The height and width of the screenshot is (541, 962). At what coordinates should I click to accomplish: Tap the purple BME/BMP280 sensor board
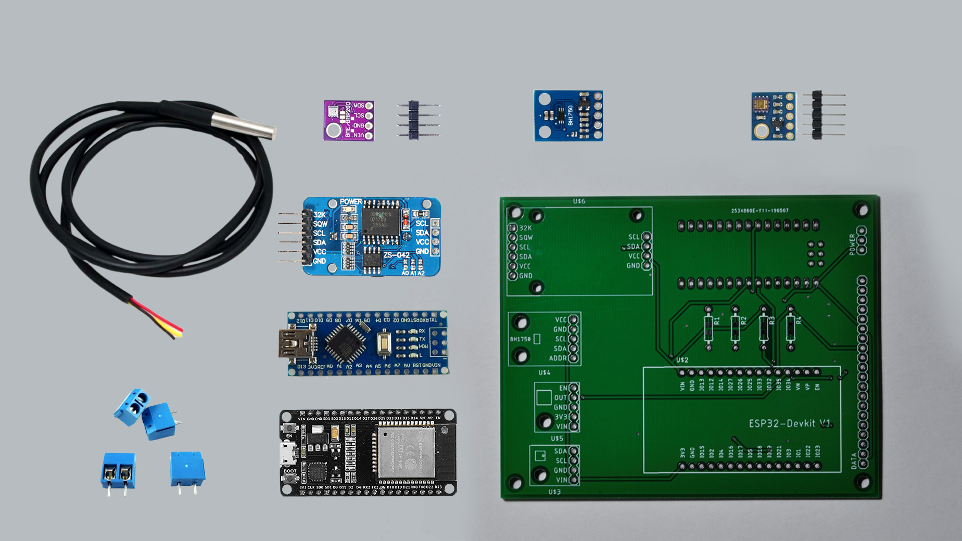coord(348,121)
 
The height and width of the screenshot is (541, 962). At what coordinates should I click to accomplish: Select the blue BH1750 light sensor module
coord(568,115)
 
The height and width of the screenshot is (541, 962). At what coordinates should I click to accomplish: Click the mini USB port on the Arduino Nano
coord(297,343)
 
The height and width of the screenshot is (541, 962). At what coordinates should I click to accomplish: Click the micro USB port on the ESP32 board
coord(286,453)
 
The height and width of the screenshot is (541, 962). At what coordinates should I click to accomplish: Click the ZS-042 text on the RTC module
coord(396,255)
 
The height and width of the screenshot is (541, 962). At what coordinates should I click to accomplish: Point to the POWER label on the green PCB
coord(852,244)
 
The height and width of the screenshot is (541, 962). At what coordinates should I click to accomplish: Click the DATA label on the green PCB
coord(854,461)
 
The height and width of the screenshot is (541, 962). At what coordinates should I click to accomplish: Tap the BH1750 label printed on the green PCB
coord(520,339)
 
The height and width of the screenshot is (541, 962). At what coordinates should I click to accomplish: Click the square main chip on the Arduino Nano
coord(344,342)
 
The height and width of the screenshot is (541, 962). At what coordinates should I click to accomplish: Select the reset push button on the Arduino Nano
coord(384,343)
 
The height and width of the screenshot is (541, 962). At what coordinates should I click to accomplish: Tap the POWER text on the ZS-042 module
coord(351,202)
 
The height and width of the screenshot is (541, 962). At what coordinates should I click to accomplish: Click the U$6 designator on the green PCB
coord(579,201)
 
